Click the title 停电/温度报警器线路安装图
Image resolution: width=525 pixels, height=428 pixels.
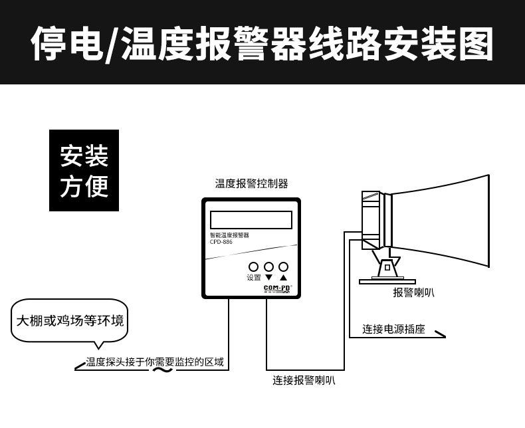(262, 43)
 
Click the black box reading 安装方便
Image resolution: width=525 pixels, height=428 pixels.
(84, 171)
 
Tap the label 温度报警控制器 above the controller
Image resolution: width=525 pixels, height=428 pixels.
(251, 184)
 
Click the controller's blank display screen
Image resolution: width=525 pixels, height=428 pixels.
(251, 220)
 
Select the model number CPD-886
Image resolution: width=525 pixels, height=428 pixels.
(223, 243)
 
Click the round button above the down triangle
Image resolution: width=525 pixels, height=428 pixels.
(268, 267)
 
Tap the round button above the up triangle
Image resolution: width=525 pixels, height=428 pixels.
(283, 267)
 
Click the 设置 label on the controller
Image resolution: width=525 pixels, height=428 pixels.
(253, 278)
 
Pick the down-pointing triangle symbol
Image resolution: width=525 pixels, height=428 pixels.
(268, 278)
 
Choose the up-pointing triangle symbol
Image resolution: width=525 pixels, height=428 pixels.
(283, 278)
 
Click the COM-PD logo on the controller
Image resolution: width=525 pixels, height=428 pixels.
(278, 288)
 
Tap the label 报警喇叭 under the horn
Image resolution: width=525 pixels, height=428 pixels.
(413, 292)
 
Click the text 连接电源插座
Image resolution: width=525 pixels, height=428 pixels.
(393, 329)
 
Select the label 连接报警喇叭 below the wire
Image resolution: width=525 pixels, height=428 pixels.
(304, 381)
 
